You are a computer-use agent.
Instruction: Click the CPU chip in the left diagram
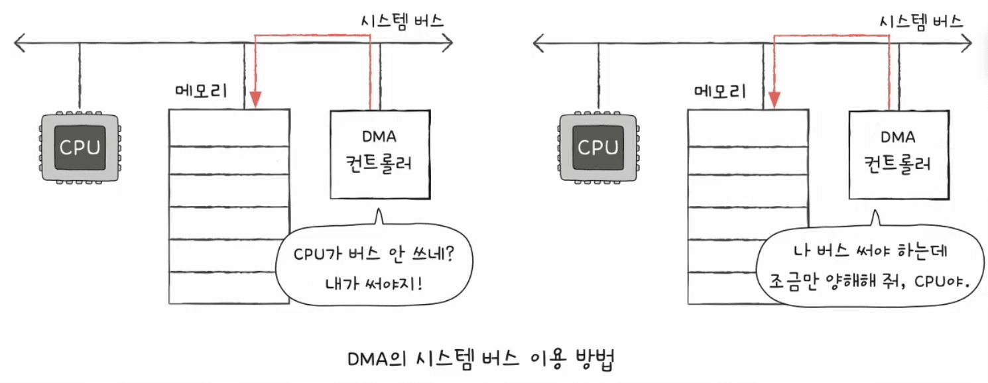pyautogui.click(x=80, y=148)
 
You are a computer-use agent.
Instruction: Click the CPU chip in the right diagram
pyautogui.click(x=598, y=148)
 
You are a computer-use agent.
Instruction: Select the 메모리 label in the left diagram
pyautogui.click(x=201, y=91)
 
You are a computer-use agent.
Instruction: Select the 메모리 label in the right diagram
pyautogui.click(x=720, y=91)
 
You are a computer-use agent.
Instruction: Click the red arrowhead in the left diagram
pyautogui.click(x=255, y=99)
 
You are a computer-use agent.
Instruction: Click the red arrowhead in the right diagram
pyautogui.click(x=774, y=99)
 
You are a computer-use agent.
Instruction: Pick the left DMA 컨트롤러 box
pyautogui.click(x=380, y=154)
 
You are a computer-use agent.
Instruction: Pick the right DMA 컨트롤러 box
pyautogui.click(x=899, y=155)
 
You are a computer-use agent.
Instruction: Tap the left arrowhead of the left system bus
pyautogui.click(x=19, y=43)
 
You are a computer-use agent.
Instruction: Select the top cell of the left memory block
pyautogui.click(x=229, y=128)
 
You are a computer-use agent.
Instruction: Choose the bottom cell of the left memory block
pyautogui.click(x=229, y=288)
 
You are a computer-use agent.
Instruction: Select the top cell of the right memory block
pyautogui.click(x=748, y=128)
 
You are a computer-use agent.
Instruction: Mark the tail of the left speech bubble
pyautogui.click(x=379, y=216)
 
